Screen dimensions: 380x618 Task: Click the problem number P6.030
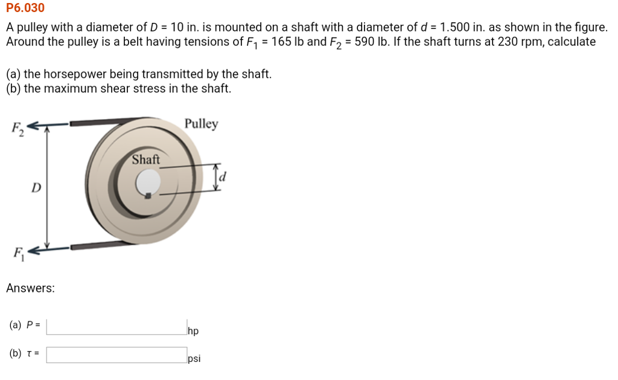[x=25, y=8]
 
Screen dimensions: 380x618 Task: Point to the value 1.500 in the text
[x=457, y=28]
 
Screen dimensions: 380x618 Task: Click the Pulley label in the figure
[x=202, y=124]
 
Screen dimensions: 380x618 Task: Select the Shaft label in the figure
[x=146, y=159]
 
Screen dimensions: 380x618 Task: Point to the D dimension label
[x=36, y=188]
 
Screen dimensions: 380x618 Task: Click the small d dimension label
[x=223, y=177]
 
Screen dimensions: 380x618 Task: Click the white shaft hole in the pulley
[x=148, y=181]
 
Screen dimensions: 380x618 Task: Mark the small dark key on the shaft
[x=147, y=195]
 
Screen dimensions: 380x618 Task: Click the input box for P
[x=116, y=326]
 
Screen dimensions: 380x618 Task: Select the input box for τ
[x=116, y=355]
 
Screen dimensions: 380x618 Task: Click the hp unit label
[x=193, y=331]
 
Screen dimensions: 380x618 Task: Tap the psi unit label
[x=194, y=359]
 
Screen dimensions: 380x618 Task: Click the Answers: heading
[x=30, y=288]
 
